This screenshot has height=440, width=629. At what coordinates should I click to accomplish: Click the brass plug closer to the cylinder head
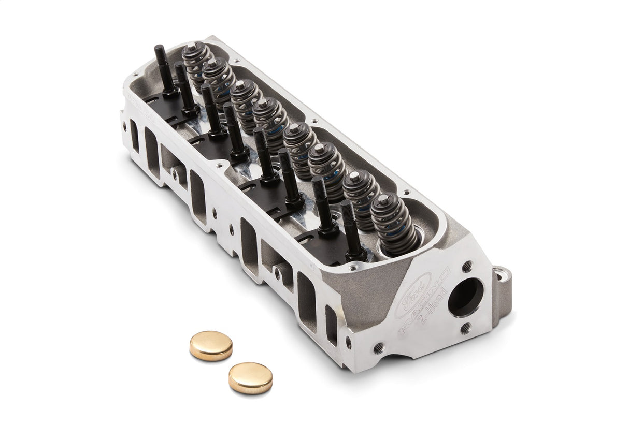[x=211, y=346]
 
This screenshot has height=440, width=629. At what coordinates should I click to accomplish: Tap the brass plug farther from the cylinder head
[x=250, y=377]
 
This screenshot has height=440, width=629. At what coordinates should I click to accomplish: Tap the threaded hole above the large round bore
[x=467, y=267]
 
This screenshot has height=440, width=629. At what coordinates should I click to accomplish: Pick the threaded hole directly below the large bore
[x=466, y=328]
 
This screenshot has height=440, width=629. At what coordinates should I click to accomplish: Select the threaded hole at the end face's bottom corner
[x=379, y=347]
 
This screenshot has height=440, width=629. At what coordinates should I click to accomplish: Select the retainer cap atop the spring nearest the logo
[x=383, y=199]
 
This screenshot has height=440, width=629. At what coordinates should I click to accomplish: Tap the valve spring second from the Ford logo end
[x=362, y=197]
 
